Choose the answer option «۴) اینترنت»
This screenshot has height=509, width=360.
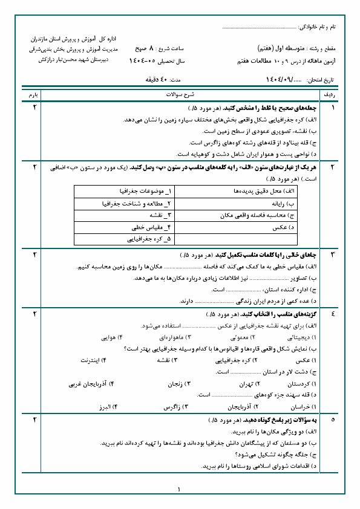coord(93,360)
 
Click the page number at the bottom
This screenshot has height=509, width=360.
coord(180,490)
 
